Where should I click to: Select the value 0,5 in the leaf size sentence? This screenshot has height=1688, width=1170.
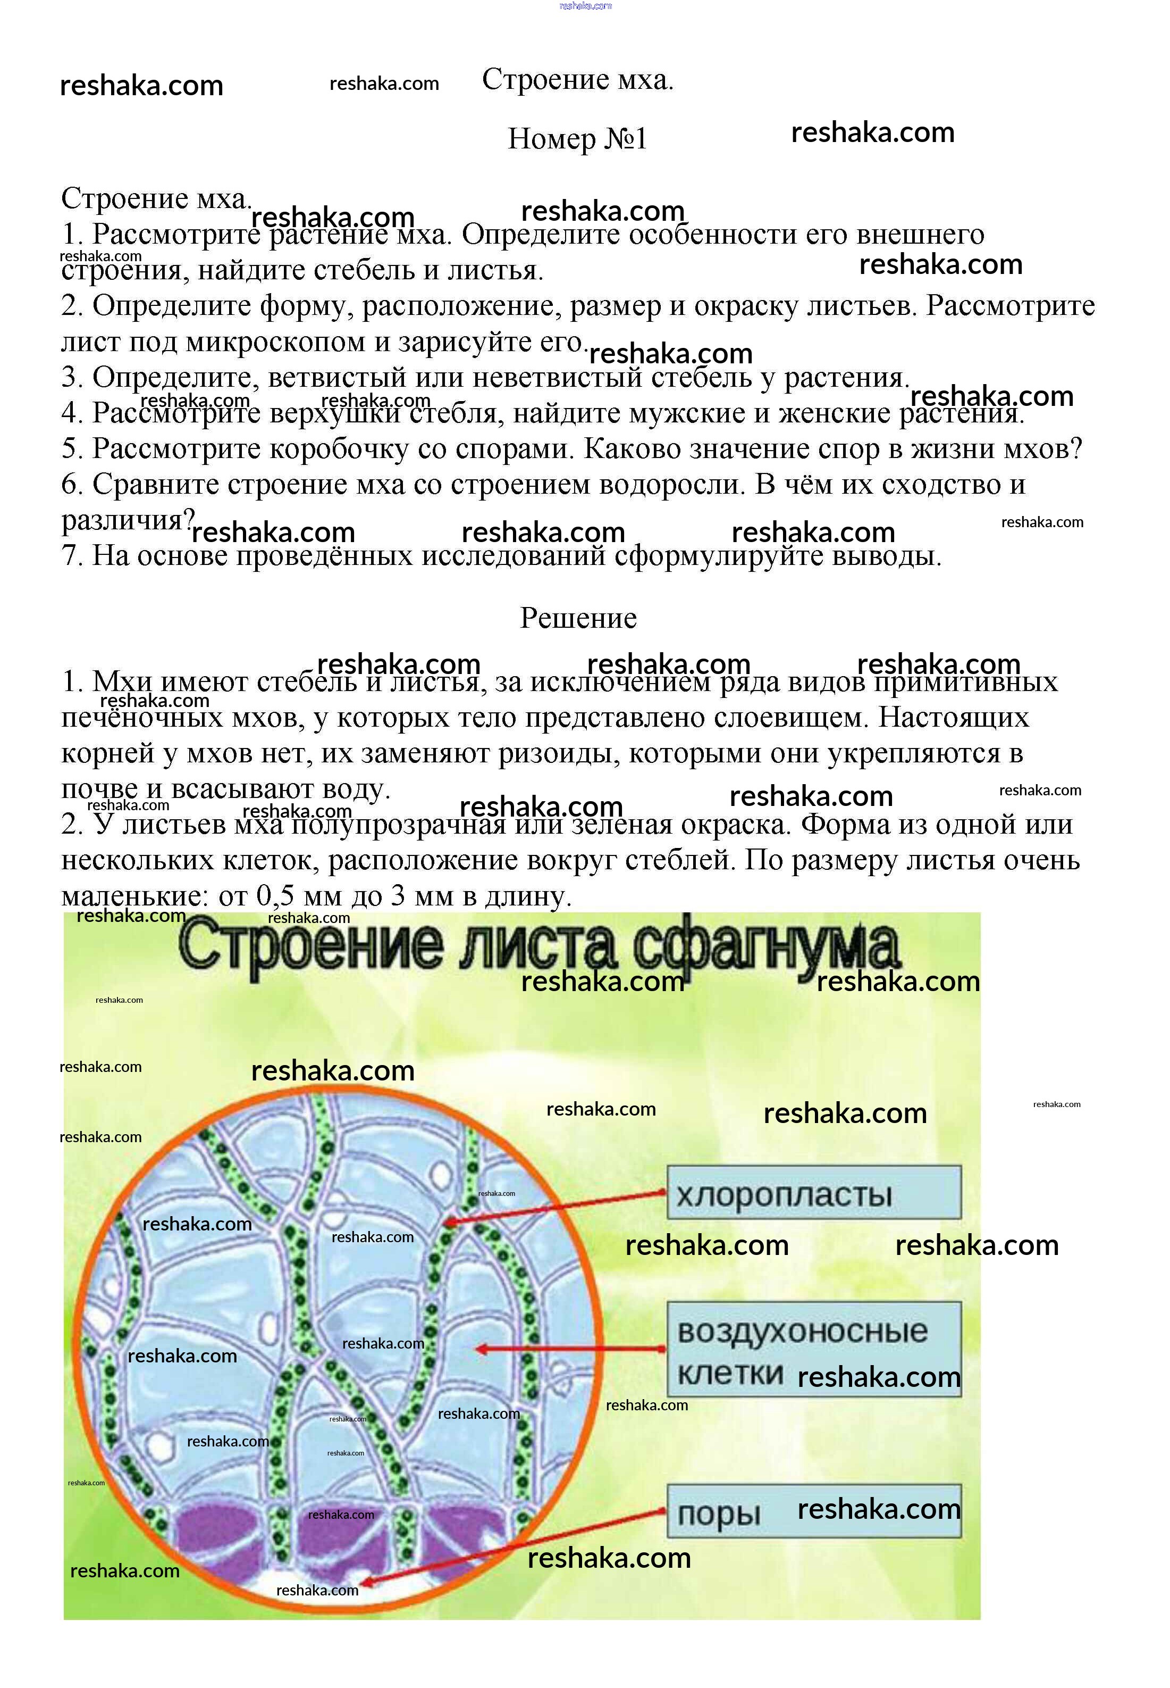[275, 896]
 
